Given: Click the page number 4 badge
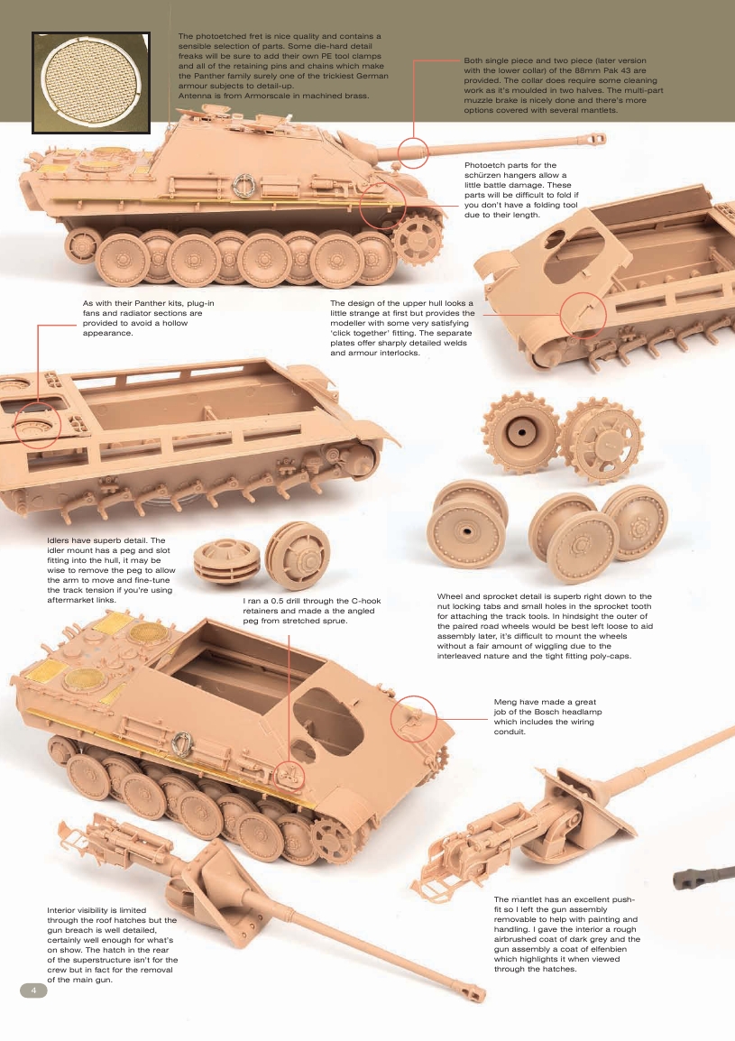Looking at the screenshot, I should [33, 990].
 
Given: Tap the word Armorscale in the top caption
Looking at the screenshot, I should [271, 95].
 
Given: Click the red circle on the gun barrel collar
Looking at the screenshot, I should [413, 152].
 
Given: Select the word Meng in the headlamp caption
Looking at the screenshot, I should [507, 701].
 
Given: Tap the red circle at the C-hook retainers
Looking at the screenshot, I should [290, 773].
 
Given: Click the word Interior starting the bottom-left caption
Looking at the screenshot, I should [64, 910].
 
